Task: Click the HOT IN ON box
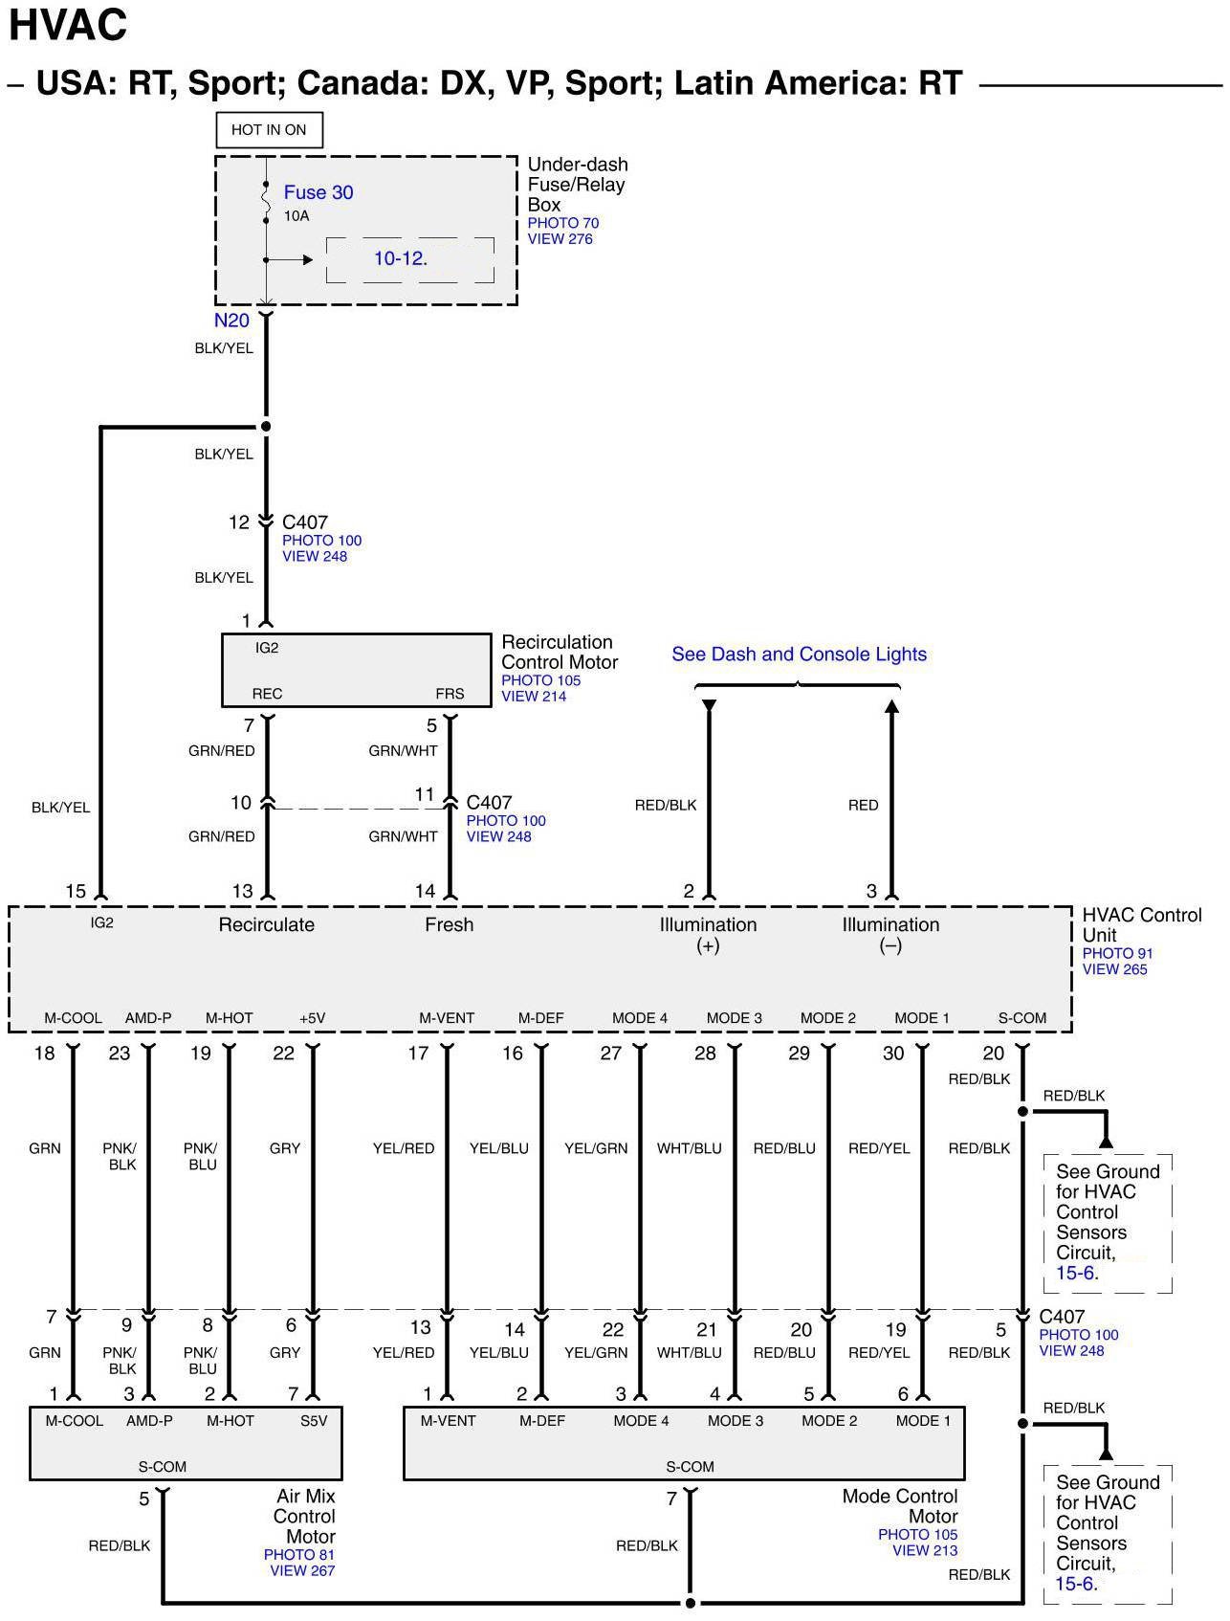[268, 130]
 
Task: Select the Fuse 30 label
[318, 192]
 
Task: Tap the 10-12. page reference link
[401, 258]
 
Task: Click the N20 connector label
[231, 321]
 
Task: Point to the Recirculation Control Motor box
[356, 670]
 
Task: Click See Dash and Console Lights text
[799, 655]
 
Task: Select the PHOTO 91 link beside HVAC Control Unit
[1117, 953]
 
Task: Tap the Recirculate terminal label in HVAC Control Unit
[266, 924]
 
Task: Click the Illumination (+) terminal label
[708, 935]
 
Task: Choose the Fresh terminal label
[449, 924]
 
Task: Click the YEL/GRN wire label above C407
[596, 1148]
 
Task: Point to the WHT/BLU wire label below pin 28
[689, 1148]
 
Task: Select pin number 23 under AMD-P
[119, 1054]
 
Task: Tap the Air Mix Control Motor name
[305, 1516]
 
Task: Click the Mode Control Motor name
[900, 1506]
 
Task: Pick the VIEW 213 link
[924, 1550]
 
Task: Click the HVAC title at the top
[68, 26]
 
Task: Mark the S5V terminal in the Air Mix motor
[314, 1421]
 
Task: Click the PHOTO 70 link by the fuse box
[562, 223]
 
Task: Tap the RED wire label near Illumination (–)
[863, 806]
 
